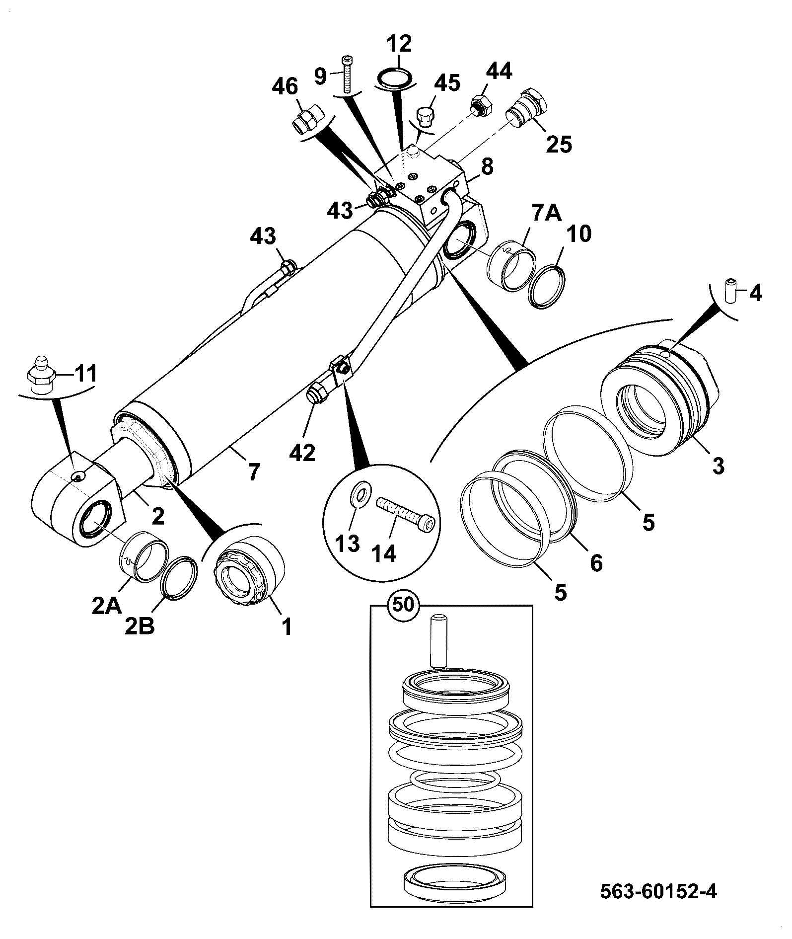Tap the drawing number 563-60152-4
(x=659, y=891)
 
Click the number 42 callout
(x=302, y=453)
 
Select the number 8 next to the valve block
(x=487, y=167)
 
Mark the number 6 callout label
(x=595, y=562)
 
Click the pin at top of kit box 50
(x=438, y=641)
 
